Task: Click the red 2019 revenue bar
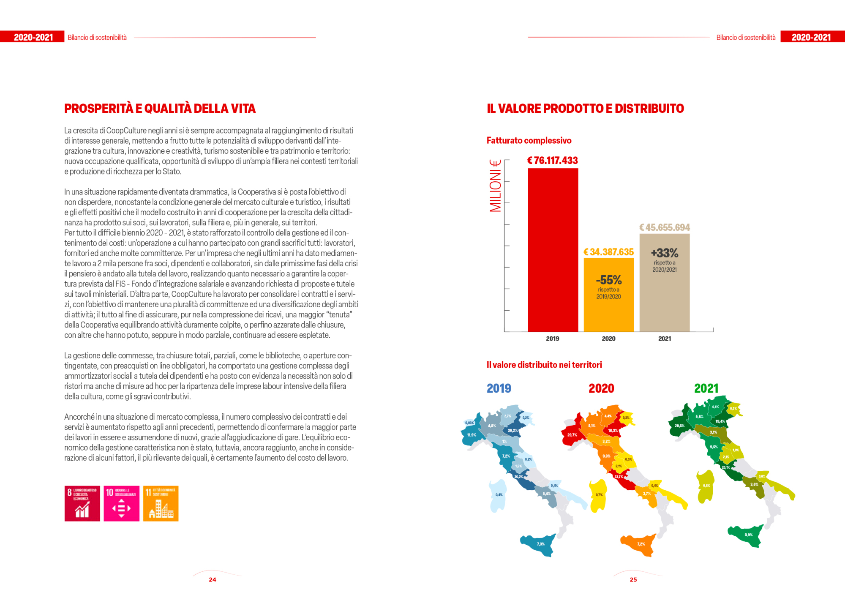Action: (553, 249)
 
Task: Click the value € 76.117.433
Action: (552, 161)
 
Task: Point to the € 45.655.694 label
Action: (664, 227)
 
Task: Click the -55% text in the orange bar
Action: (608, 280)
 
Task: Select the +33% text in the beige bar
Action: (665, 253)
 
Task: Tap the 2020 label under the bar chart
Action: (608, 339)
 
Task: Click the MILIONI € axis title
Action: (495, 186)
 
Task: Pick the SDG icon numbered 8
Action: (82, 503)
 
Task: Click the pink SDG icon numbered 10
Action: (121, 503)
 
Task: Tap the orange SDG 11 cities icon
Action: (161, 503)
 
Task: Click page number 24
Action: (213, 579)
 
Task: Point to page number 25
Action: (633, 579)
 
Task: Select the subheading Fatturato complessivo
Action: (529, 140)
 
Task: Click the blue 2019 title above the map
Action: (499, 388)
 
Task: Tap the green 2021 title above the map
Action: (706, 388)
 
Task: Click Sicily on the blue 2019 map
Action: (539, 545)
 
